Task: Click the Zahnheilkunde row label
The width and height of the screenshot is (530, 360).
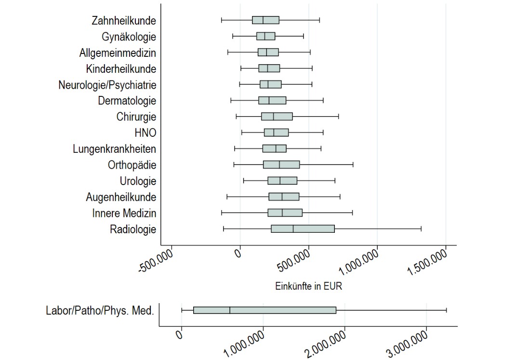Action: pyautogui.click(x=123, y=21)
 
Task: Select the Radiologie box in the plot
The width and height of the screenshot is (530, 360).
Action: pyautogui.click(x=303, y=229)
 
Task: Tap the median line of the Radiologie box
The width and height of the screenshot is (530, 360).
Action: pyautogui.click(x=293, y=229)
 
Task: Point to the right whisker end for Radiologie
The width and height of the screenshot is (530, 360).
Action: pyautogui.click(x=421, y=229)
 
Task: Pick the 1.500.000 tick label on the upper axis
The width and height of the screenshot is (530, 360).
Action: pyautogui.click(x=431, y=260)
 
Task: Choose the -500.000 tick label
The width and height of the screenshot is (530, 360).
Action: pyautogui.click(x=156, y=261)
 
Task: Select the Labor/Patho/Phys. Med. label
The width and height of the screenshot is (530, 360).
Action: pyautogui.click(x=100, y=311)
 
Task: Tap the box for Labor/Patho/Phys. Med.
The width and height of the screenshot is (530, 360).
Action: pyautogui.click(x=265, y=310)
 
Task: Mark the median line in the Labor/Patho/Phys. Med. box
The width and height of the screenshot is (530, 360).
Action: pyautogui.click(x=230, y=310)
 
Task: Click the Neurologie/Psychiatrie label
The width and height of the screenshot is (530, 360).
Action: pyautogui.click(x=107, y=85)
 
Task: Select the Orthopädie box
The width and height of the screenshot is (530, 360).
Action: pyautogui.click(x=281, y=165)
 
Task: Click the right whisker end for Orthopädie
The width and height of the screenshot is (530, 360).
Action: pyautogui.click(x=353, y=165)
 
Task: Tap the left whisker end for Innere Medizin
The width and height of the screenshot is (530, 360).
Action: pyautogui.click(x=222, y=213)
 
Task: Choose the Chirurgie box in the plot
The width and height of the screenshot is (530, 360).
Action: pyautogui.click(x=277, y=117)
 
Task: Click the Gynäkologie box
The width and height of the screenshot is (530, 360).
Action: pyautogui.click(x=265, y=36)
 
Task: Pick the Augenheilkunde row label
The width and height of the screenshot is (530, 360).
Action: pyautogui.click(x=121, y=197)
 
